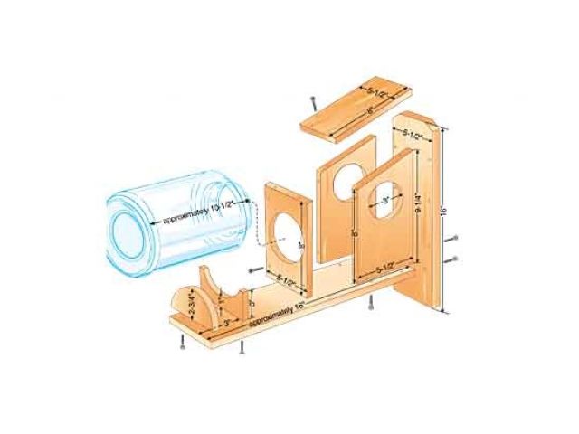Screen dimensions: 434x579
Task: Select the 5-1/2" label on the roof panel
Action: [379, 91]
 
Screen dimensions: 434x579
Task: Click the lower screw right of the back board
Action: [453, 259]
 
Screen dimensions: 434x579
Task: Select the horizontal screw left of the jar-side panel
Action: [250, 272]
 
